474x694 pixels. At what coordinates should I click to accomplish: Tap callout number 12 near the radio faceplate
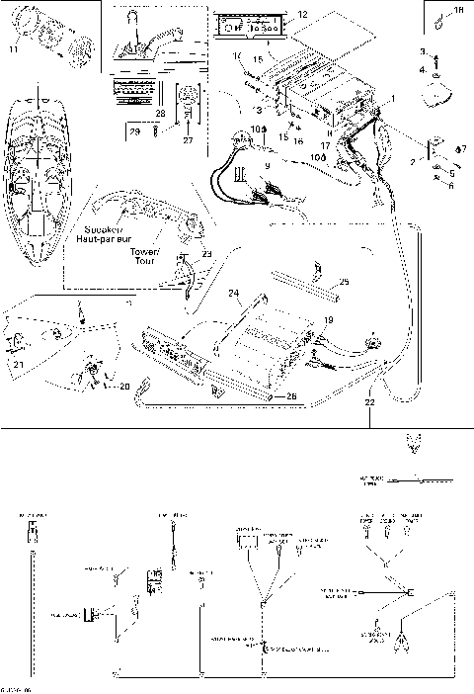click(x=303, y=14)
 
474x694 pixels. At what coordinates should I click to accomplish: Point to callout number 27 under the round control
click(x=188, y=140)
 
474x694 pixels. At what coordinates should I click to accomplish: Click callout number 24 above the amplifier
click(x=234, y=293)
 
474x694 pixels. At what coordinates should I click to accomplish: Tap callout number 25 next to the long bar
click(x=343, y=282)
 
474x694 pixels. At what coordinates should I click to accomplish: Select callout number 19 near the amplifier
click(x=329, y=320)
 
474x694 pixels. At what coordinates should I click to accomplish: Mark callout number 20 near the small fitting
click(x=124, y=388)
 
